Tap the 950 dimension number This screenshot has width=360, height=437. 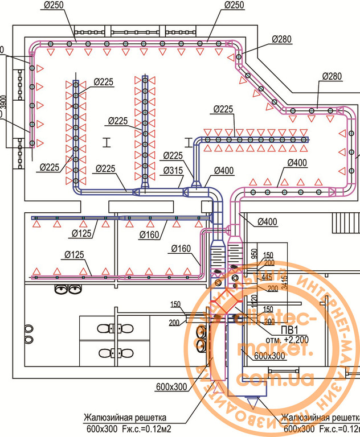[x=255, y=252]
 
